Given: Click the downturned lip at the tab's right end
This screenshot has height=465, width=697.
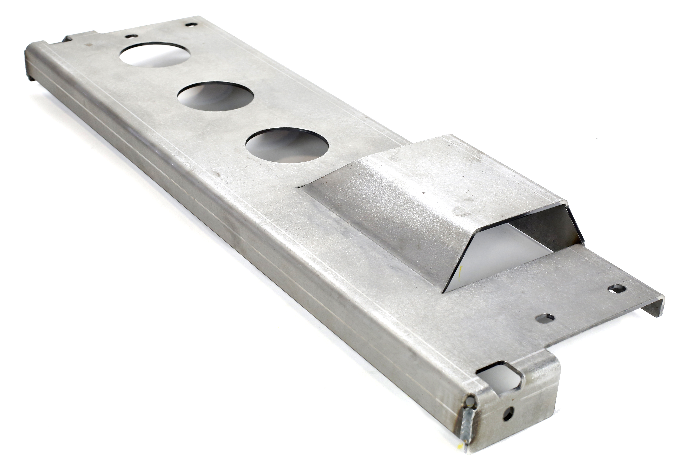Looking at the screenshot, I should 653,308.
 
